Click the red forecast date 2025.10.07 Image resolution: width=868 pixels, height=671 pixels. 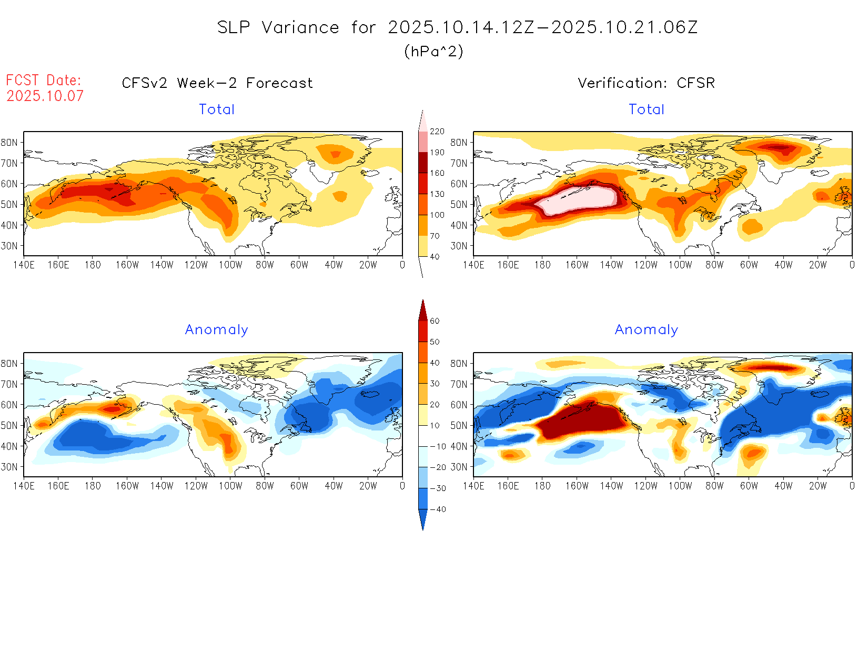45,96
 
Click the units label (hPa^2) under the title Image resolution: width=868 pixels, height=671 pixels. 433,51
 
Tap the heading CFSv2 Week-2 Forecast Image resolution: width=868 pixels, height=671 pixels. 217,83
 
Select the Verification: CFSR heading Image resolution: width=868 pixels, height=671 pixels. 646,83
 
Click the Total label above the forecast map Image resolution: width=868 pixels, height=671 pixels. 216,109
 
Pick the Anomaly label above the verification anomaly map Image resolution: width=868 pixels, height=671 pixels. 646,330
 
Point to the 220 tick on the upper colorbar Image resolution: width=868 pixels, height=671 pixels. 437,132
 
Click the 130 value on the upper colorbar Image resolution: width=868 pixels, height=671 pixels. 437,194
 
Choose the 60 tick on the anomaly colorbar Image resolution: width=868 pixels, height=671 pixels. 435,321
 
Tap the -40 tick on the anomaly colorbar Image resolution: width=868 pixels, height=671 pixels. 438,509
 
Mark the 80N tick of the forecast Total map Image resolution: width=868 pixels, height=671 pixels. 9,142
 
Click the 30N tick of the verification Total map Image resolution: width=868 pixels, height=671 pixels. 459,246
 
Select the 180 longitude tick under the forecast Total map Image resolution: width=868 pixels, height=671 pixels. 93,265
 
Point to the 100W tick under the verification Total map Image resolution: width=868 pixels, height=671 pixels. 680,265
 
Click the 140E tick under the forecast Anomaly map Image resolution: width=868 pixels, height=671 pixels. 24,486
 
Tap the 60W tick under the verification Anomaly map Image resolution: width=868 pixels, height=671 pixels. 749,486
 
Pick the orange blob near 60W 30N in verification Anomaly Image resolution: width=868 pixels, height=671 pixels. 752,453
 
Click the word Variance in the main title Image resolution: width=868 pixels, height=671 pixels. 300,27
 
